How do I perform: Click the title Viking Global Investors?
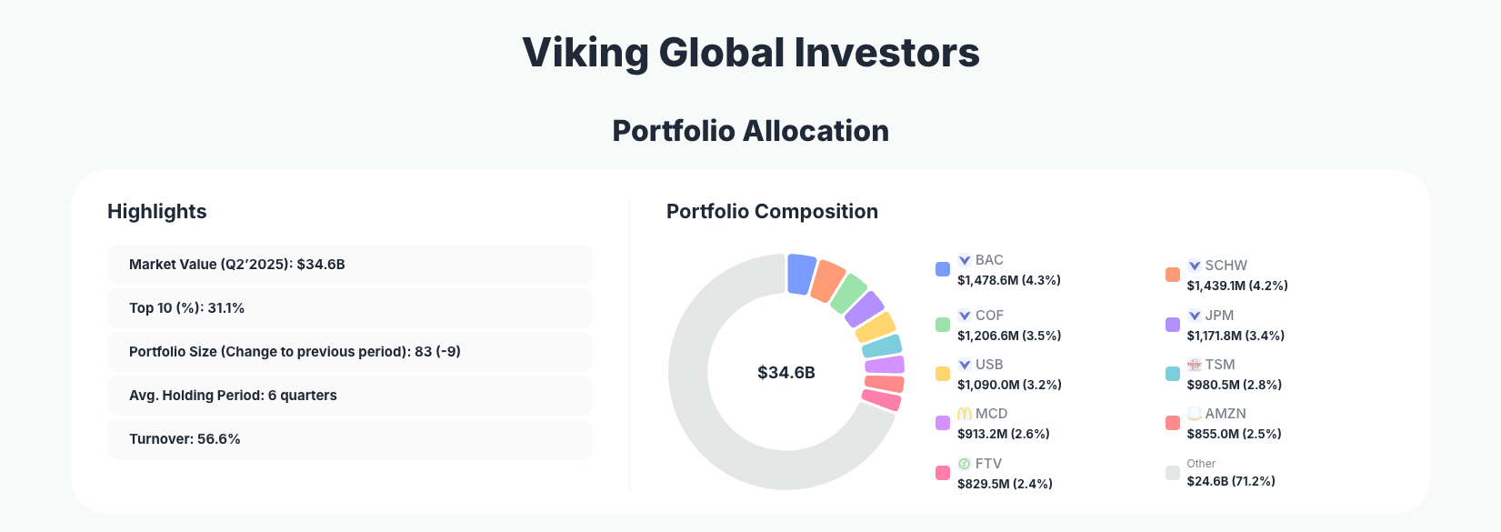click(751, 53)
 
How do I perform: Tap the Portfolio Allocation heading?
click(751, 131)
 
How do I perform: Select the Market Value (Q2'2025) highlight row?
click(349, 265)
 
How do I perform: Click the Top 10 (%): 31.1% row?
click(349, 308)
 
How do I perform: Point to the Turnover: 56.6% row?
click(349, 439)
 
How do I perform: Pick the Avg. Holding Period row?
click(349, 396)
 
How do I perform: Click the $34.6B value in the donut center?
click(786, 373)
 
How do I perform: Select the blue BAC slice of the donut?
click(801, 274)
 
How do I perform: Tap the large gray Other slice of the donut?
click(718, 427)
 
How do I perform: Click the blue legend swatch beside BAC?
click(943, 269)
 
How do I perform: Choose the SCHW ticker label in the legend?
click(1226, 266)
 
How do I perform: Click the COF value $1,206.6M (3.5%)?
click(1009, 336)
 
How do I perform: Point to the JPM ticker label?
click(1219, 316)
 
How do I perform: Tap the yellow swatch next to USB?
click(943, 374)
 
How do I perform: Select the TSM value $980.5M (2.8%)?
click(1234, 385)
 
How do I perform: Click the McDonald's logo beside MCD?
click(965, 414)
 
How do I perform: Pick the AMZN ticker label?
click(1226, 414)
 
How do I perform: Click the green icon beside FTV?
click(965, 464)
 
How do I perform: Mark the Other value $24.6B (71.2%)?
click(1231, 481)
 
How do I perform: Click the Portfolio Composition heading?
click(772, 212)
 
